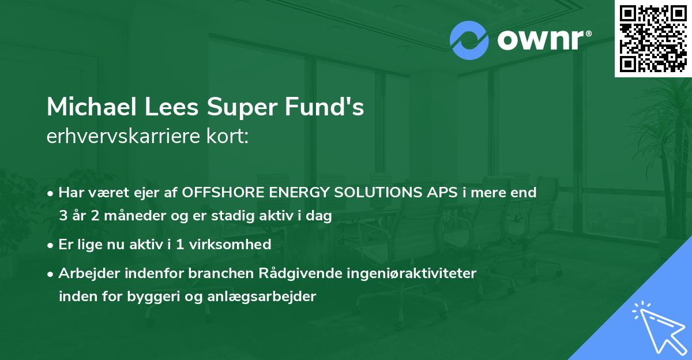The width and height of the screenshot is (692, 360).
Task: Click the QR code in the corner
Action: tap(653, 38)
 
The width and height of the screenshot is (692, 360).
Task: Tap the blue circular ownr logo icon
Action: tap(469, 40)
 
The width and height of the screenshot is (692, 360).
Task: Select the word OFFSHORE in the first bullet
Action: tap(223, 192)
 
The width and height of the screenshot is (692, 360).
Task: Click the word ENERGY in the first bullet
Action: tap(292, 192)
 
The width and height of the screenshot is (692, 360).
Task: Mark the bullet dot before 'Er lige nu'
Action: tap(51, 245)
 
